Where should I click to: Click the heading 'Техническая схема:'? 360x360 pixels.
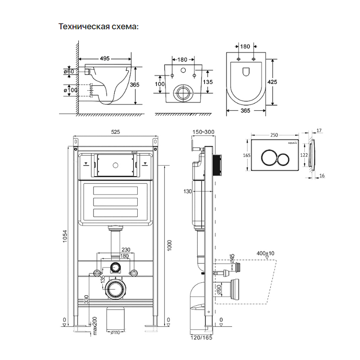click(x=98, y=26)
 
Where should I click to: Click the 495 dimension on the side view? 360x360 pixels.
click(x=105, y=59)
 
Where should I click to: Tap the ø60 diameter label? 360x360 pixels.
click(x=68, y=72)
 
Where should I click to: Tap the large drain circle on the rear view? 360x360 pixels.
click(x=183, y=92)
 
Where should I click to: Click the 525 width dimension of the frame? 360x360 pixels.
click(x=115, y=132)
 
